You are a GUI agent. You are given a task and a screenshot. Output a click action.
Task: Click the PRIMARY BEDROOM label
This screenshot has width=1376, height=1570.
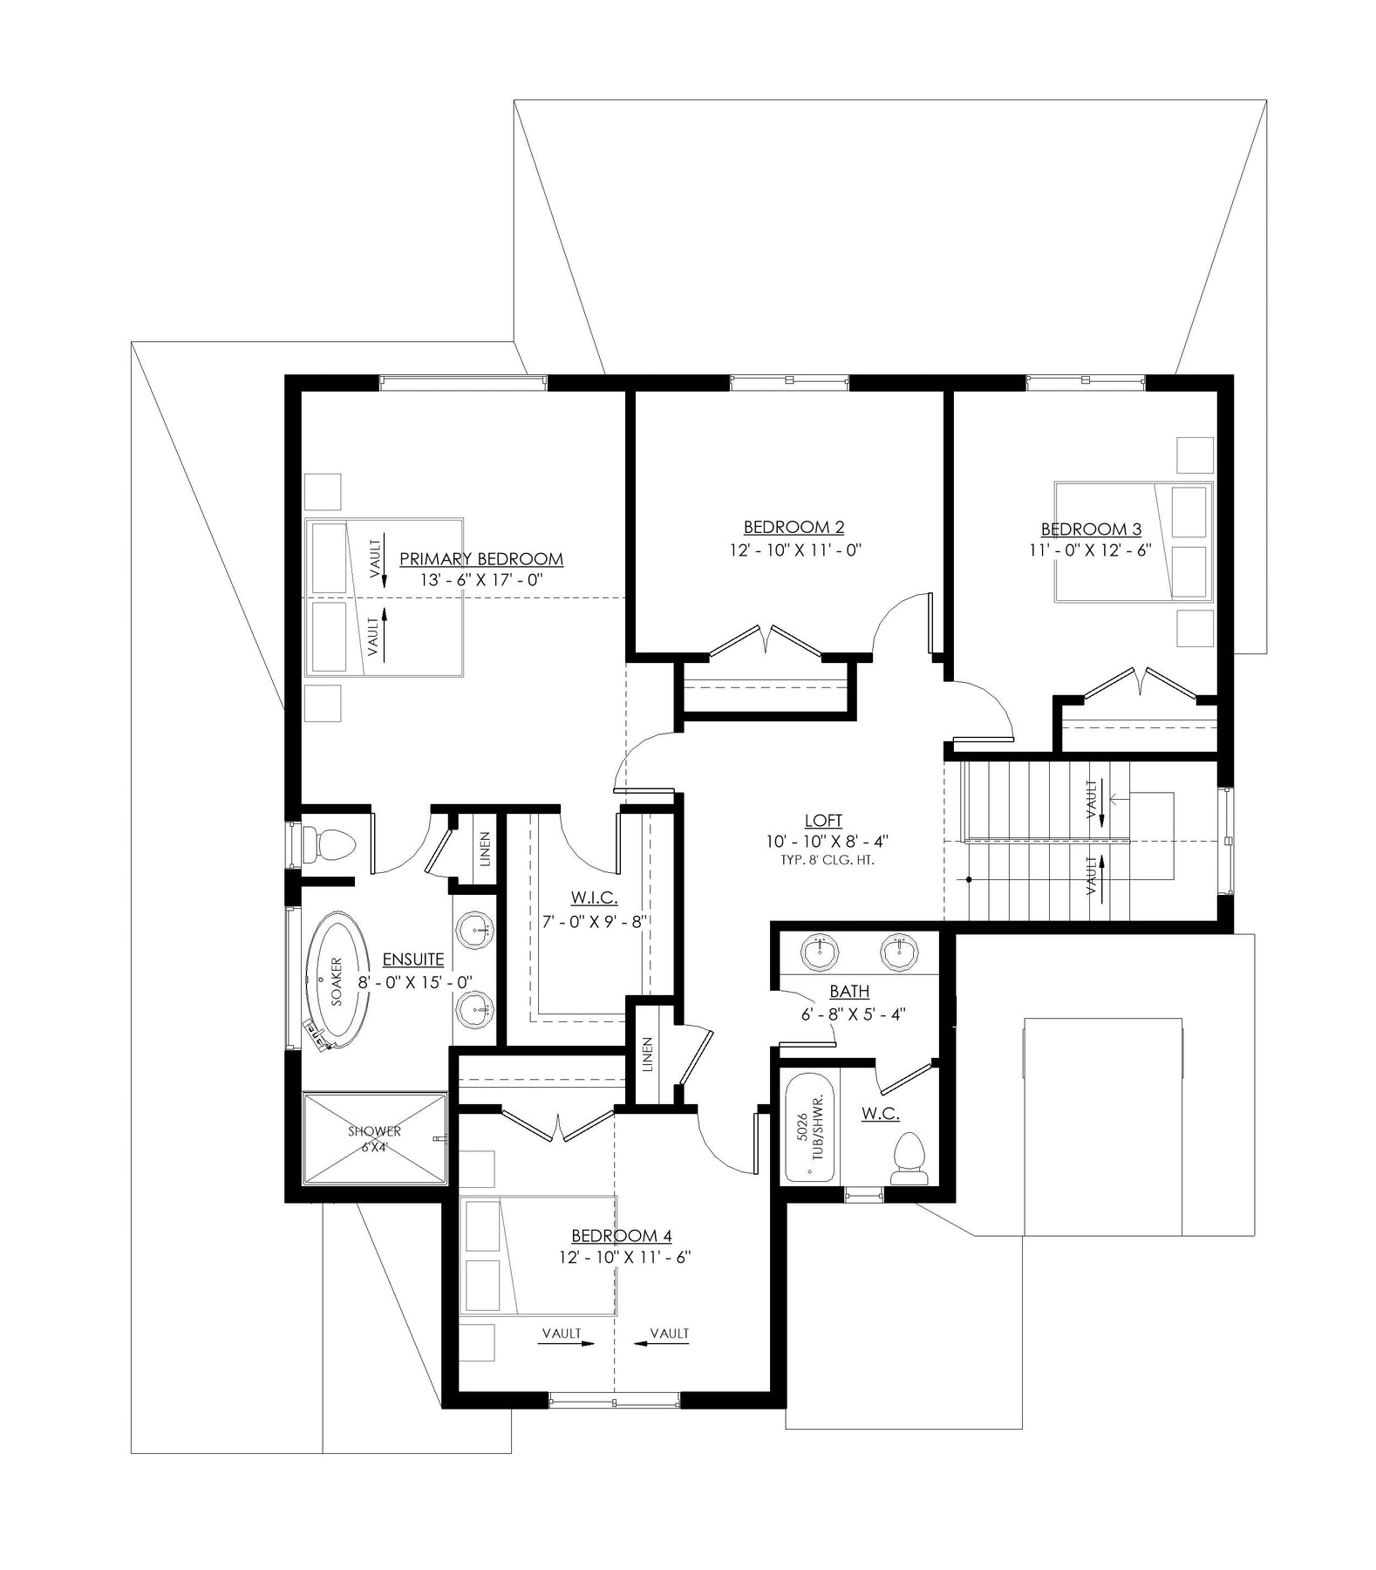click(480, 559)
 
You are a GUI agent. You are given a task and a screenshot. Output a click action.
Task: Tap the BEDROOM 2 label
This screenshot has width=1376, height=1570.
click(794, 527)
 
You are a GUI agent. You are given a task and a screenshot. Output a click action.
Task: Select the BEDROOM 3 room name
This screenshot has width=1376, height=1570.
click(1091, 529)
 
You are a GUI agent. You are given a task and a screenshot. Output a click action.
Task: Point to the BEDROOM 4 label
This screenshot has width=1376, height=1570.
click(622, 1236)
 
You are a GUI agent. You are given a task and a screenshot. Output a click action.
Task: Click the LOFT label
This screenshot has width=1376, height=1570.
click(823, 821)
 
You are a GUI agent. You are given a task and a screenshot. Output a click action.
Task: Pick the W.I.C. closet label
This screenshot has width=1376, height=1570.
click(595, 898)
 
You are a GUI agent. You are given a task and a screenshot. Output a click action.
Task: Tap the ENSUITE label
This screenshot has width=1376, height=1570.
click(413, 959)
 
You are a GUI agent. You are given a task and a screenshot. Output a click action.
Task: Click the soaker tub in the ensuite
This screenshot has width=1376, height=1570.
click(336, 980)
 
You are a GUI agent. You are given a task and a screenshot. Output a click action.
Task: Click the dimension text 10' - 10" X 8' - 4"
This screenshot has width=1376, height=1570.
click(823, 842)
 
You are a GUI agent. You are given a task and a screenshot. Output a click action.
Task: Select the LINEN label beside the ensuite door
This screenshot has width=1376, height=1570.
click(485, 850)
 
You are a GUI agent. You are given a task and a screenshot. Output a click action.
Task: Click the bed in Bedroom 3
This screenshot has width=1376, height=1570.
click(1134, 541)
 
